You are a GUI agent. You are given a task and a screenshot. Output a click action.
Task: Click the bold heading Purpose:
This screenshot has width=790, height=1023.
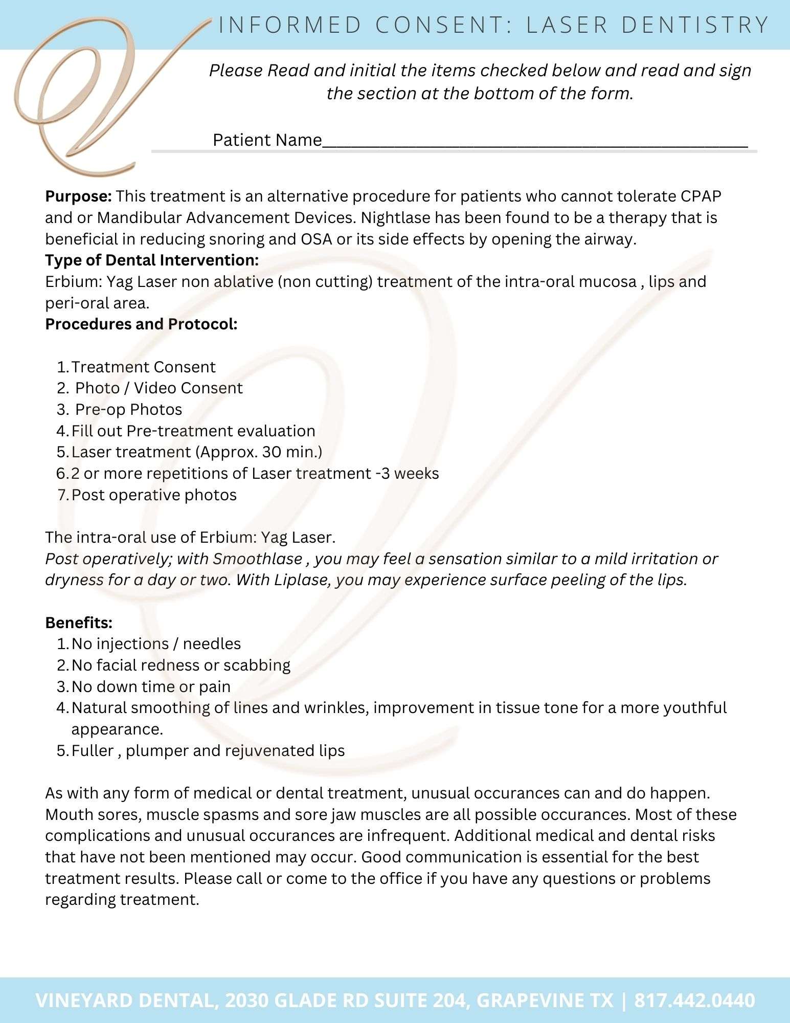[x=78, y=196]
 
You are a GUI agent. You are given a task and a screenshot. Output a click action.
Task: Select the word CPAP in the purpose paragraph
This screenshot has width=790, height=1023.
[x=701, y=196]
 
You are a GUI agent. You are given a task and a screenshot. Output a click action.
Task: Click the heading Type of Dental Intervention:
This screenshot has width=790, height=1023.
[x=152, y=260]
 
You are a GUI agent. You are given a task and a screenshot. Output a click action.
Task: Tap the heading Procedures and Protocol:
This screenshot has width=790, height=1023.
[x=141, y=324]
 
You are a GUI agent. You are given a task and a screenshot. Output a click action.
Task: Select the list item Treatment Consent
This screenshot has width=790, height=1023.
[x=143, y=367]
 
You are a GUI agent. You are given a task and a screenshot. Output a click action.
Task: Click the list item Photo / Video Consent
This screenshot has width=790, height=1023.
[x=159, y=388]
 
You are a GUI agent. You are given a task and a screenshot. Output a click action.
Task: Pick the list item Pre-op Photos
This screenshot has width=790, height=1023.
[x=128, y=410]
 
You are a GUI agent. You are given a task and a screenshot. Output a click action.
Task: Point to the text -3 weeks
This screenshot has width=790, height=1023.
[x=407, y=474]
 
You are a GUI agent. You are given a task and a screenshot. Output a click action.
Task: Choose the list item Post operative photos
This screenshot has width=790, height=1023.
[x=154, y=495]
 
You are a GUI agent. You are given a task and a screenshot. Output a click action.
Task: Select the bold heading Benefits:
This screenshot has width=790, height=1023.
[x=79, y=623]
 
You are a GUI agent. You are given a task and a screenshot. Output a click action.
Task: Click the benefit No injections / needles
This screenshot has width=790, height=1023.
[x=156, y=644]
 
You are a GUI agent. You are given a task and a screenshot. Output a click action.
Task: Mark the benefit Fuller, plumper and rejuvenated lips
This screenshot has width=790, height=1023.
[x=208, y=751]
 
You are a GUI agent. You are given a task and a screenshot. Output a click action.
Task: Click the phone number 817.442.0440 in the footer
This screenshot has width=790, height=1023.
[x=694, y=1000]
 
